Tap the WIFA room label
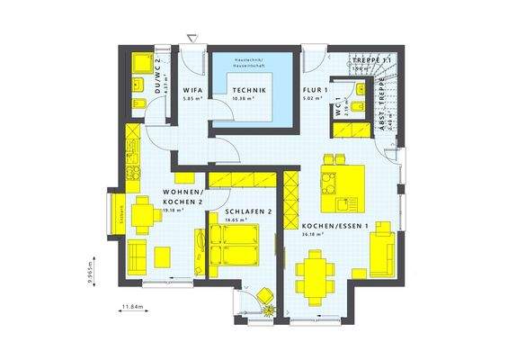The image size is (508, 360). tap(192, 91)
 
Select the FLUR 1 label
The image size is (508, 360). tap(313, 91)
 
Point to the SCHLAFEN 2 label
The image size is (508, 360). tap(238, 211)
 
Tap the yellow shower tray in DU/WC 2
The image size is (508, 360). tap(142, 63)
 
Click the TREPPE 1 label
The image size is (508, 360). tap(372, 59)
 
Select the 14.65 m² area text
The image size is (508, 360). tap(237, 220)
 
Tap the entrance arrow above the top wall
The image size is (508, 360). tap(192, 37)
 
